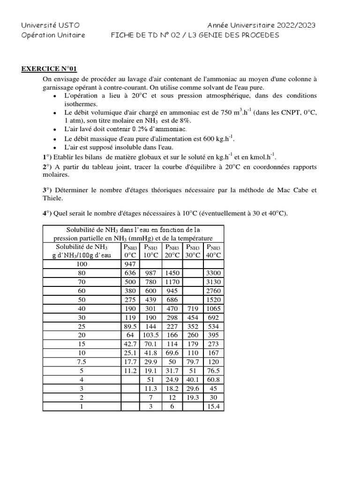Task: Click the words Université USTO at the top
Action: [44, 25]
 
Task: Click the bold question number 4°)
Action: [48, 214]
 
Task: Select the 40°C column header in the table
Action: [213, 251]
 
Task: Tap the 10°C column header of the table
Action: [150, 251]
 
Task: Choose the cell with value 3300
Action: [213, 273]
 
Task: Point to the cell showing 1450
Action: [172, 273]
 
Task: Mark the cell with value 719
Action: [193, 308]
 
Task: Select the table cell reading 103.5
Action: [150, 335]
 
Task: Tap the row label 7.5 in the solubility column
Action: [82, 361]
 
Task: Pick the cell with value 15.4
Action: [213, 406]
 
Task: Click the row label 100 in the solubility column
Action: [82, 264]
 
